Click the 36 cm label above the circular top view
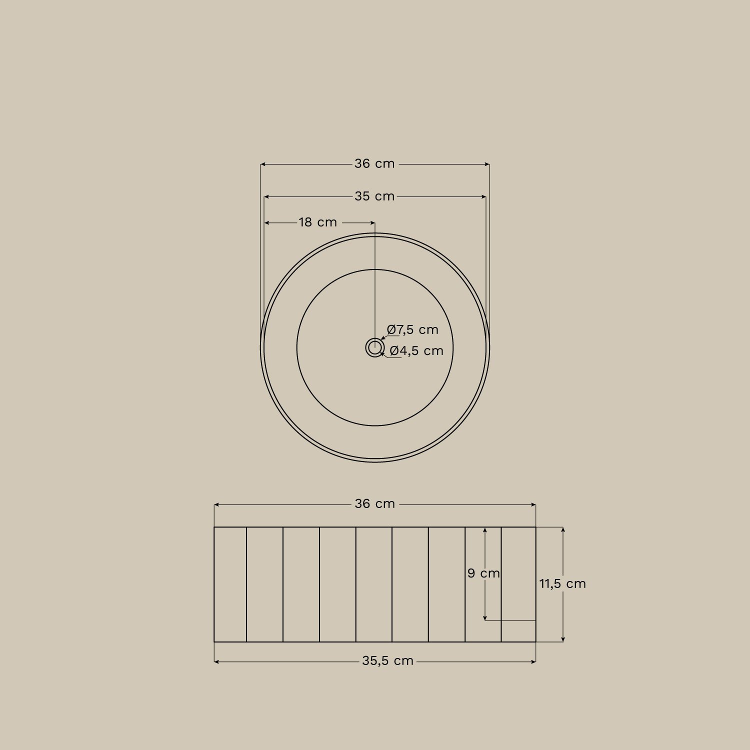click(x=374, y=164)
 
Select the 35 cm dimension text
click(x=374, y=196)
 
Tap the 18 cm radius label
click(x=318, y=222)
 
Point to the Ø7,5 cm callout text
click(x=413, y=330)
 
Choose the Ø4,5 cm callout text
click(x=416, y=351)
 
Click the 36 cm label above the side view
click(x=374, y=504)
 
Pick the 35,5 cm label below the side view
click(x=387, y=661)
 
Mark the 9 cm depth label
click(x=483, y=573)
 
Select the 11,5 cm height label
click(x=562, y=584)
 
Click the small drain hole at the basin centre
click(x=374, y=347)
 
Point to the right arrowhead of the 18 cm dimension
click(x=372, y=222)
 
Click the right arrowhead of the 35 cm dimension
click(x=483, y=197)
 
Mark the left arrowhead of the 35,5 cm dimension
click(x=216, y=661)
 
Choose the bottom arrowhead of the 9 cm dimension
click(x=484, y=618)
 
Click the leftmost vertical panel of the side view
click(x=230, y=584)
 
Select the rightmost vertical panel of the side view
click(x=518, y=584)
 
